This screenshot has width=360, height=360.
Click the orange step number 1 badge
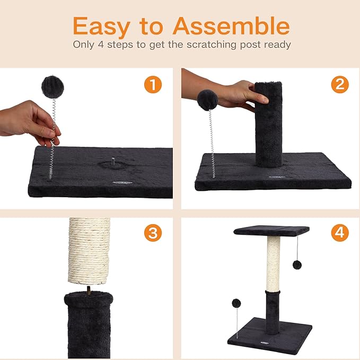(153, 84)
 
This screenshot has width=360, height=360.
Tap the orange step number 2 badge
(340, 84)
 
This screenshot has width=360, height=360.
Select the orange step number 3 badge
(153, 233)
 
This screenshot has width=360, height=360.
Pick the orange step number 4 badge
(340, 233)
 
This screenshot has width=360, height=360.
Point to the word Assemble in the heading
(231, 25)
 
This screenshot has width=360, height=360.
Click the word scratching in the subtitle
(211, 45)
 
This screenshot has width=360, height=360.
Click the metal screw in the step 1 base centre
(113, 162)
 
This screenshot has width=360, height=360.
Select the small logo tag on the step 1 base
(122, 182)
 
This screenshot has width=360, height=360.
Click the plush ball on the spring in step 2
(207, 100)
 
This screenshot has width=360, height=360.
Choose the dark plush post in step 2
(269, 125)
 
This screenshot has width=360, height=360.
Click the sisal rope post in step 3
(89, 251)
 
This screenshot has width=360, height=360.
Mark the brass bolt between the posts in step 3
(89, 290)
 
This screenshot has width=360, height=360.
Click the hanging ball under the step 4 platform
(297, 265)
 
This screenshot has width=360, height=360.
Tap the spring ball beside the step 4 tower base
(236, 303)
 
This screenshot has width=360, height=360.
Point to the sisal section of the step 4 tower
(274, 264)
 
